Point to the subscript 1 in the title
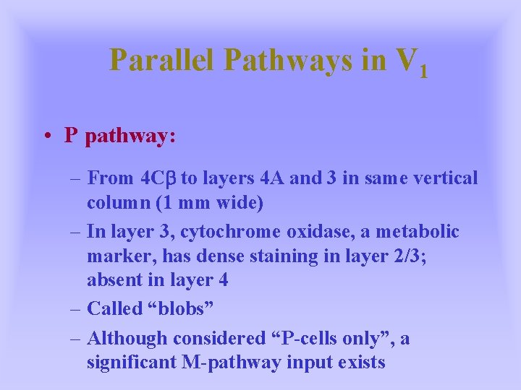click(x=423, y=71)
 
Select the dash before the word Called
click(x=76, y=308)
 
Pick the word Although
click(x=131, y=337)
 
